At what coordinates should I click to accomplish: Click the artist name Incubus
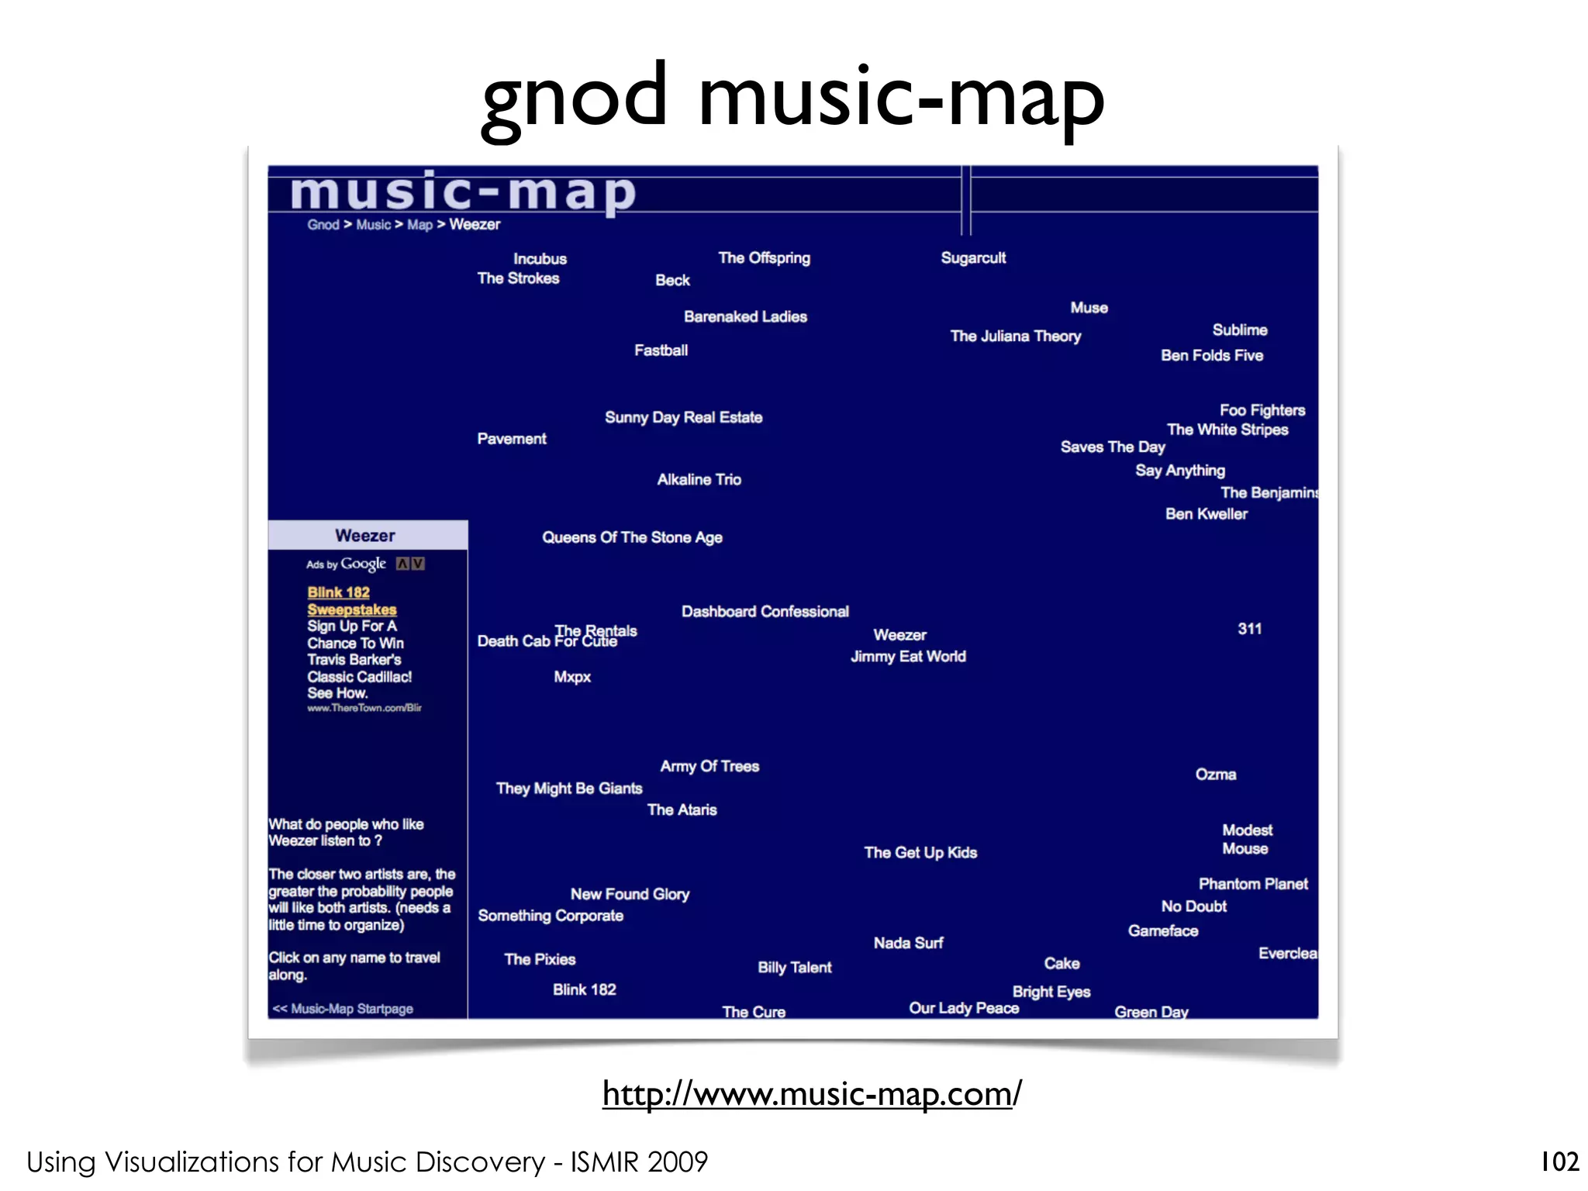540,259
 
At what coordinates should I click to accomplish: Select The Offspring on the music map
764,258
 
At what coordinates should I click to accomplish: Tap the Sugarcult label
973,258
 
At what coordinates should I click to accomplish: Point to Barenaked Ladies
745,317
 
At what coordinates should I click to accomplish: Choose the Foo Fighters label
1262,410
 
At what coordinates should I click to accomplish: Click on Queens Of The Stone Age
632,537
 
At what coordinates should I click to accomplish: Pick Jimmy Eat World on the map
908,657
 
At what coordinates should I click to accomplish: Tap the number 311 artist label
1249,629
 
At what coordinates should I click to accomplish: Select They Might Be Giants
569,789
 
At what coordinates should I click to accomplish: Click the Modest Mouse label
1247,840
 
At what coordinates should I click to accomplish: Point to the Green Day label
1151,1012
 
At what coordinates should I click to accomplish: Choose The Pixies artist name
540,960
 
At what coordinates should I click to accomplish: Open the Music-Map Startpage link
343,1009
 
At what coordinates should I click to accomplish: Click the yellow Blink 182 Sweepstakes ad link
351,601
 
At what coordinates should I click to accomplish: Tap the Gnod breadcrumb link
323,225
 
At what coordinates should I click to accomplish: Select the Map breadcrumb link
419,225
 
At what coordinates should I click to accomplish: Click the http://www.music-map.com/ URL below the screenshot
812,1094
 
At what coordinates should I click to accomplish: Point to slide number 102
1559,1162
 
